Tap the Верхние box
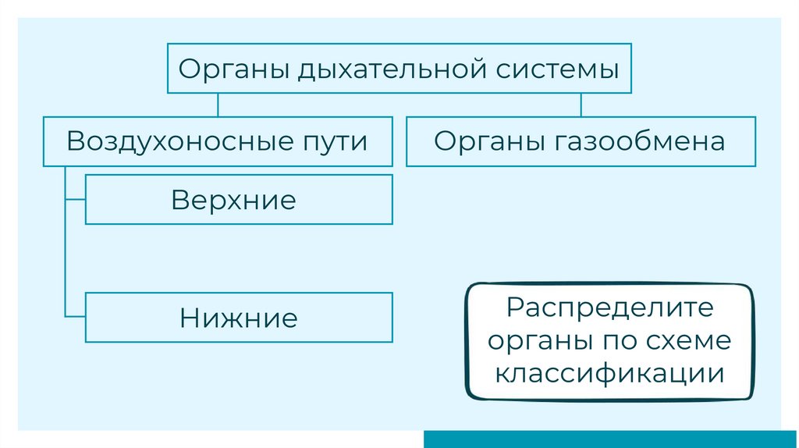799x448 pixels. pos(239,200)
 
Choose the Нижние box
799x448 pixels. pos(239,318)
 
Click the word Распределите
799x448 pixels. pos(609,307)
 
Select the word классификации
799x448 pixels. pos(609,373)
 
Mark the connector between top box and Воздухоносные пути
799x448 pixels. pos(218,106)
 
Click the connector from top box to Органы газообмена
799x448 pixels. pos(581,106)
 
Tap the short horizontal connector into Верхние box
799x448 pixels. pos(76,200)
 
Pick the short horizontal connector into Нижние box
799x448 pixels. pos(76,317)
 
